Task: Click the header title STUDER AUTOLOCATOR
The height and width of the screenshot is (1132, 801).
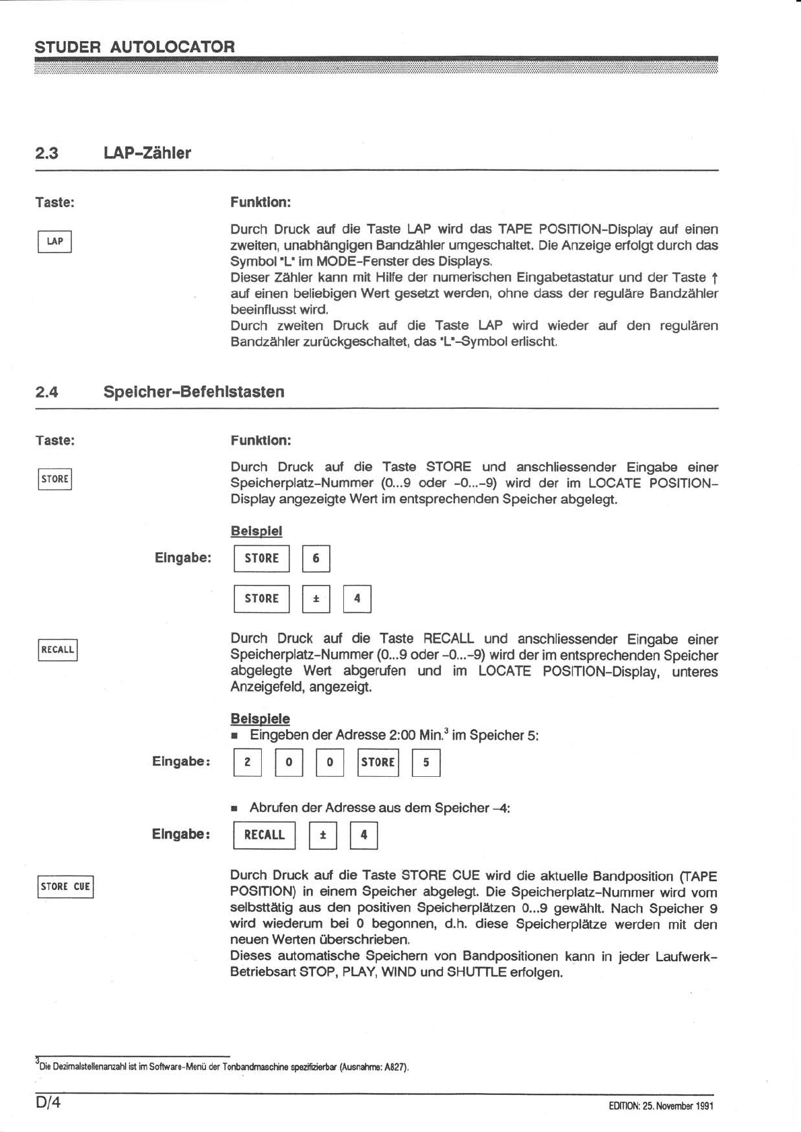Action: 135,47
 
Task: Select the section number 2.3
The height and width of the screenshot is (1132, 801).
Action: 46,153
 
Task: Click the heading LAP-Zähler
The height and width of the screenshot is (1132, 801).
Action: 147,153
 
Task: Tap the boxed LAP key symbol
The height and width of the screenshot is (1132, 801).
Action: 55,241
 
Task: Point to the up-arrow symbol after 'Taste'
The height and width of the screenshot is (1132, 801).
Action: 713,277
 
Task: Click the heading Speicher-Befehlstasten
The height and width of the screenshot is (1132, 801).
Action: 193,391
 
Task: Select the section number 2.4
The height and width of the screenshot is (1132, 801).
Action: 46,391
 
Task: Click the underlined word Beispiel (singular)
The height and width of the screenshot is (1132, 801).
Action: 256,531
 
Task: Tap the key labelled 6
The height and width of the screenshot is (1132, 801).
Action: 316,558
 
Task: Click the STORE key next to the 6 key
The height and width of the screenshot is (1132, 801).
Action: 261,558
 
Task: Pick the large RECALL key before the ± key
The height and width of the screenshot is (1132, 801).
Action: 264,835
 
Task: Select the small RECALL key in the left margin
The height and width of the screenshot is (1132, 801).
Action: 57,650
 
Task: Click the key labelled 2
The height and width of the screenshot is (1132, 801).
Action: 247,762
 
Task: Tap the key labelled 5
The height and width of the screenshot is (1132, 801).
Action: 426,762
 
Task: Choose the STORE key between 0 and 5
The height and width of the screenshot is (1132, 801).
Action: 378,762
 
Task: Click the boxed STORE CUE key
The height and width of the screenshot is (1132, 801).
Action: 65,886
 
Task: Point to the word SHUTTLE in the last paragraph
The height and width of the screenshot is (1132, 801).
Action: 477,972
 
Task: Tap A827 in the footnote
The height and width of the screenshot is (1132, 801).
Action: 394,1067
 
